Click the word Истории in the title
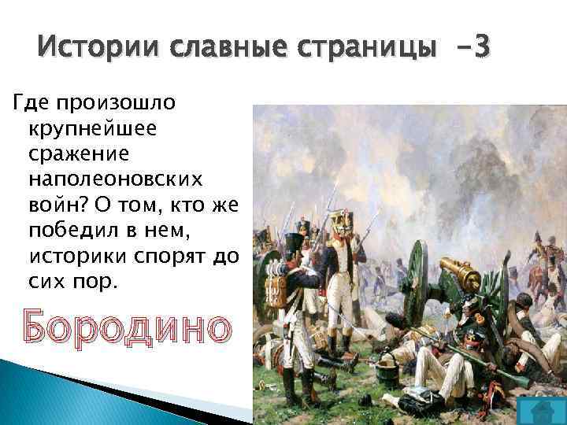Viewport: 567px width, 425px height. coord(86,48)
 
